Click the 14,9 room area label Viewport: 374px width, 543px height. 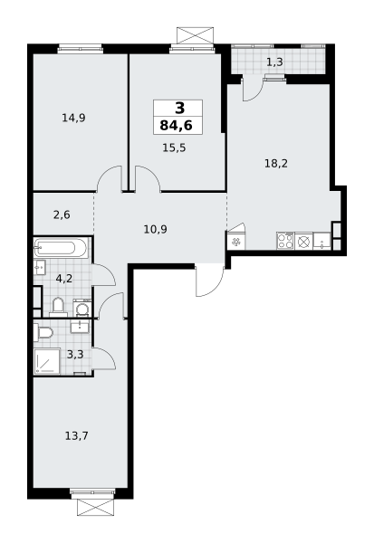(73, 118)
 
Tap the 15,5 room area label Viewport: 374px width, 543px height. (174, 148)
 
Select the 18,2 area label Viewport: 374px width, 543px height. (276, 164)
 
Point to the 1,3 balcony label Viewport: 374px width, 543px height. (274, 62)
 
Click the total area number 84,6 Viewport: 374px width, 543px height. (176, 126)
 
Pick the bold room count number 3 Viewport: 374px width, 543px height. (180, 109)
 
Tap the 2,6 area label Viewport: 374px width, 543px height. (62, 215)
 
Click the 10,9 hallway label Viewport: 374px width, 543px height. (155, 229)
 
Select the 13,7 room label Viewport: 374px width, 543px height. (77, 435)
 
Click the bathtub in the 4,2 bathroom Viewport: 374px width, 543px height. (60, 248)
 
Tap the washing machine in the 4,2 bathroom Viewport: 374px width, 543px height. (82, 309)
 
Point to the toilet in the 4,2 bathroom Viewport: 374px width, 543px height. (58, 307)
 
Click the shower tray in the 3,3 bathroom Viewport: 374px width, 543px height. (47, 361)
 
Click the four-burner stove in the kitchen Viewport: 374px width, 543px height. (285, 241)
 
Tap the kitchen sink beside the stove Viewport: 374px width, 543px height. (322, 241)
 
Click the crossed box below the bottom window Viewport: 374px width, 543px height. (95, 508)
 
